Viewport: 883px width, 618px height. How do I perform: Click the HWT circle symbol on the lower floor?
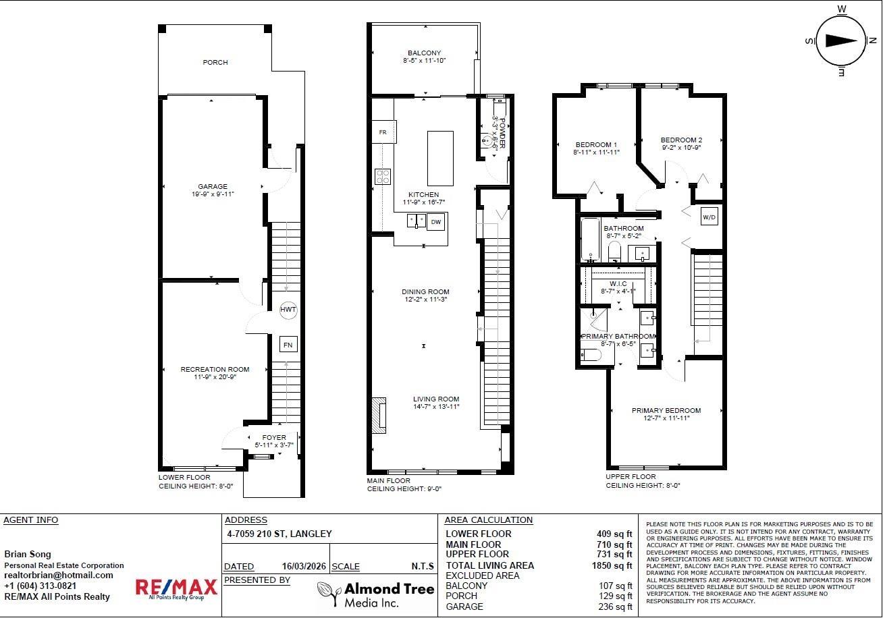pyautogui.click(x=288, y=309)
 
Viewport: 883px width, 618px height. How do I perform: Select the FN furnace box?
pyautogui.click(x=288, y=344)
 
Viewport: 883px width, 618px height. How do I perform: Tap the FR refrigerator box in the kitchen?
pyautogui.click(x=383, y=132)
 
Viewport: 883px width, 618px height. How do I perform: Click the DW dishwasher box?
pyautogui.click(x=436, y=221)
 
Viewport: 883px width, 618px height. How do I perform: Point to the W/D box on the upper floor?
pyautogui.click(x=708, y=217)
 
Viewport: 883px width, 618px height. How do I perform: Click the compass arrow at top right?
pyautogui.click(x=840, y=40)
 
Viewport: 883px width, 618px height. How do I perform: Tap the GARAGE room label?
pyautogui.click(x=213, y=187)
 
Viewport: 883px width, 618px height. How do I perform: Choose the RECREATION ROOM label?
pyautogui.click(x=215, y=369)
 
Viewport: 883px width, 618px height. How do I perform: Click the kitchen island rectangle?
pyautogui.click(x=440, y=159)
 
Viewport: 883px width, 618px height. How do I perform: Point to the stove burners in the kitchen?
pyautogui.click(x=383, y=176)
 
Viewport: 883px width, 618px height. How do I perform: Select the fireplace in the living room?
pyautogui.click(x=380, y=414)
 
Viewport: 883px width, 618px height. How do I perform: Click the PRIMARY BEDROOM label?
pyautogui.click(x=666, y=410)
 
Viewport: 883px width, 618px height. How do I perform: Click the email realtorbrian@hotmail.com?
pyautogui.click(x=59, y=575)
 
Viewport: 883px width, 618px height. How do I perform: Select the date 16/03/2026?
pyautogui.click(x=302, y=567)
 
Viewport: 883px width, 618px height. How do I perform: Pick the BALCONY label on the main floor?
pyautogui.click(x=424, y=53)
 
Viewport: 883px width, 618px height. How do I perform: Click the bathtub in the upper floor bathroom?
pyautogui.click(x=590, y=240)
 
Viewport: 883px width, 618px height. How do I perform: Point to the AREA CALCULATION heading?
pyautogui.click(x=488, y=520)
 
